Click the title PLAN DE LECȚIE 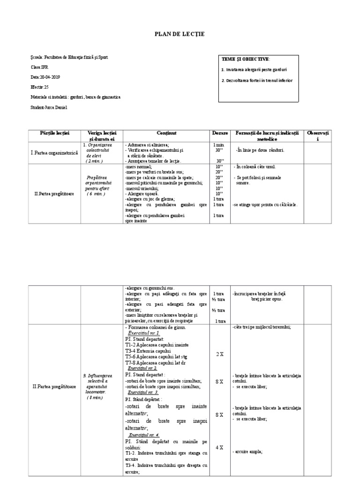(180, 34)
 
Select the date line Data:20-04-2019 (45, 77)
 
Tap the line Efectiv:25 (39, 87)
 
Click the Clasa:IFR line (39, 67)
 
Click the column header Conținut (166, 133)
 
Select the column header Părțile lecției (54, 133)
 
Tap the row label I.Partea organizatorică (54, 153)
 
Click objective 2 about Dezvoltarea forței (257, 81)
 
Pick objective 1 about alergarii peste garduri (254, 69)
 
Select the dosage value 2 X (219, 354)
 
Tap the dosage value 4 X (219, 448)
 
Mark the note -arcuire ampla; (247, 451)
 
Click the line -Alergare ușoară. (143, 194)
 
